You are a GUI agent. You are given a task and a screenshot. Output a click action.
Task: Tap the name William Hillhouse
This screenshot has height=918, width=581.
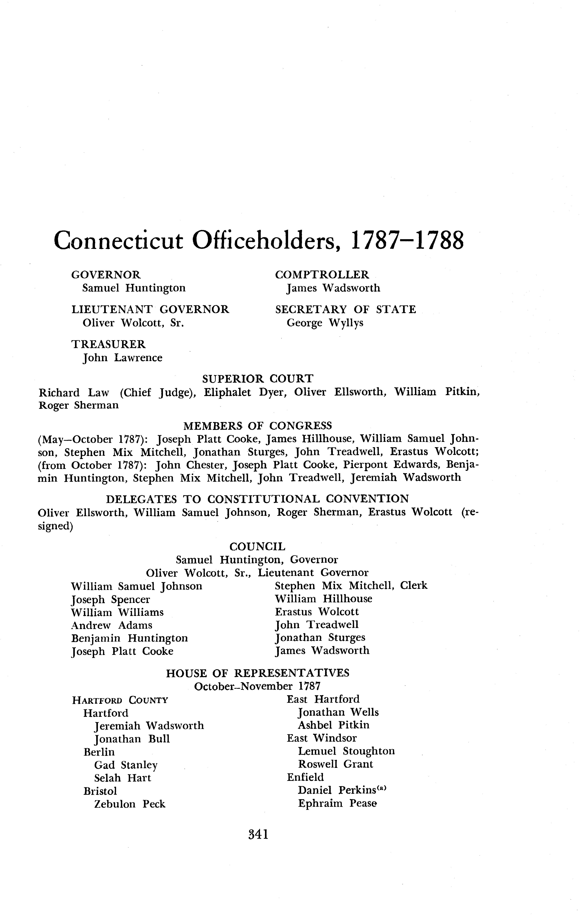coord(323,599)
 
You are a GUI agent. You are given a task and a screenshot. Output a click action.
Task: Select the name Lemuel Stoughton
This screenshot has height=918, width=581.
coord(346,751)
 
